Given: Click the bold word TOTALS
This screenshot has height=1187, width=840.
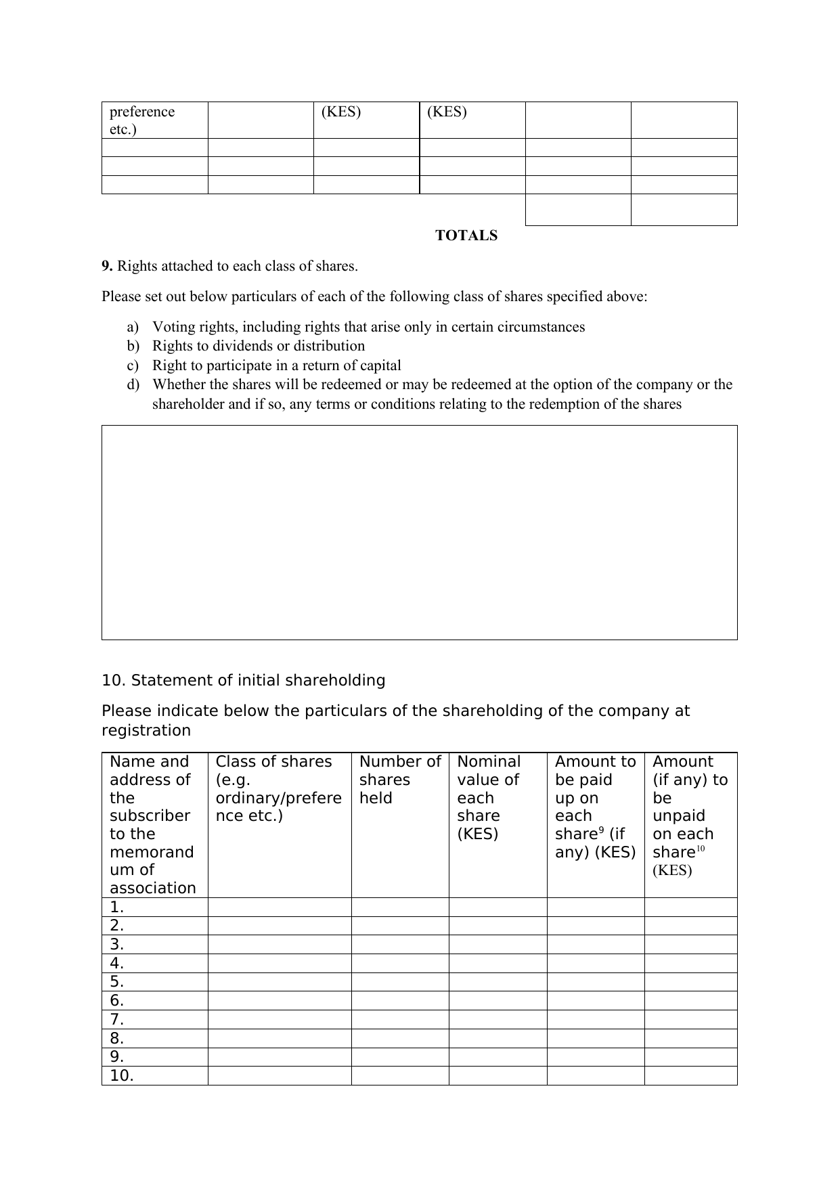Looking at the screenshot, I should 466,236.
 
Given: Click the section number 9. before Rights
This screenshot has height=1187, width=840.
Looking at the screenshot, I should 107,266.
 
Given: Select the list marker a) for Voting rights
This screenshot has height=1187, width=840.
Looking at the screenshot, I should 132,328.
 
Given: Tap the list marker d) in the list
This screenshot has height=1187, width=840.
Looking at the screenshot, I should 132,385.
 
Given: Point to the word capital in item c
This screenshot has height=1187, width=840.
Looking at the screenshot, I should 378,365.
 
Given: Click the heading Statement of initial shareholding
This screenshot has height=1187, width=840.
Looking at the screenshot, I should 258,680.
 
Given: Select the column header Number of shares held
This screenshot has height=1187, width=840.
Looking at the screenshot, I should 399,780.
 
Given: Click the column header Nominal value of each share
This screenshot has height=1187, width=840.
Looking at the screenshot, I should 488,797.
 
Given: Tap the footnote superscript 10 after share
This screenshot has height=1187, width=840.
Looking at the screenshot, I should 701,849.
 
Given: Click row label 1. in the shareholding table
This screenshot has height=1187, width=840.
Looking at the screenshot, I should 117,908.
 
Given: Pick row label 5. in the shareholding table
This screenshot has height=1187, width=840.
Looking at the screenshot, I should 117,982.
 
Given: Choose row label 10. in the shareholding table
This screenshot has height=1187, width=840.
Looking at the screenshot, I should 122,1076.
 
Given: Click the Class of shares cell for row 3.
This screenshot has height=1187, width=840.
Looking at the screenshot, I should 279,945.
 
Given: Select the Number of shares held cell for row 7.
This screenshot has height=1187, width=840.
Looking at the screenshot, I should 399,1020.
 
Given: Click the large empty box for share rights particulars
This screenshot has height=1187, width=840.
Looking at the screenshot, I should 419,533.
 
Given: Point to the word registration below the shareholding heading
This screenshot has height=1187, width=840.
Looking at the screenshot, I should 146,731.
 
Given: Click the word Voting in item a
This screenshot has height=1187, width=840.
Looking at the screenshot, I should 173,328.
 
